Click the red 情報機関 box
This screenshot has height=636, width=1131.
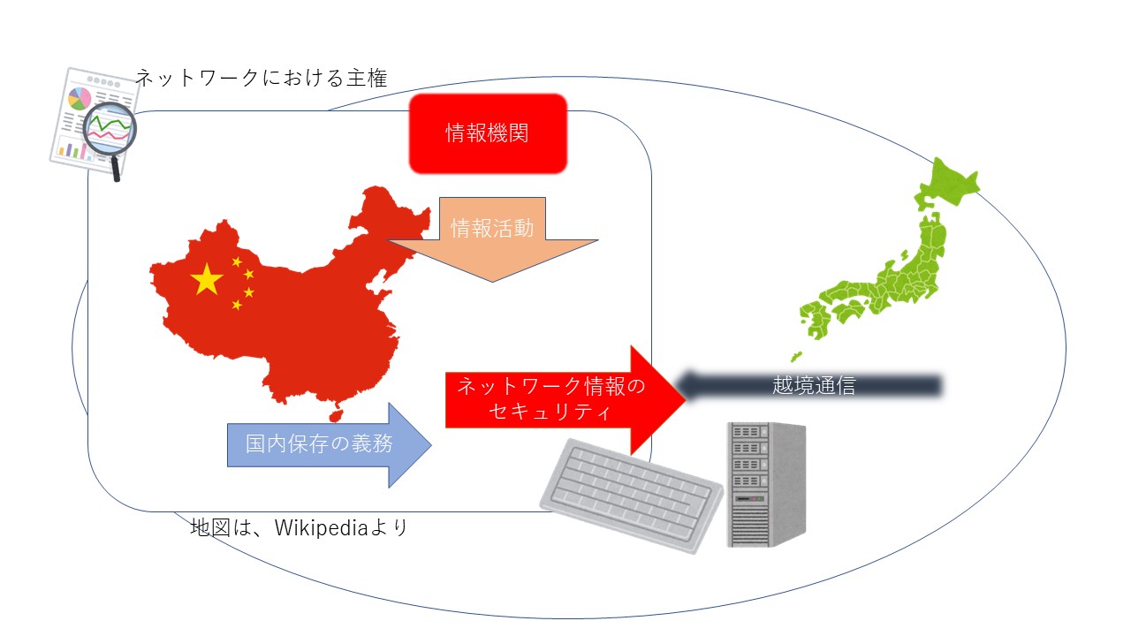coord(487,133)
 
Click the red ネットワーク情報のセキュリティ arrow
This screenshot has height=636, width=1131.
coord(565,398)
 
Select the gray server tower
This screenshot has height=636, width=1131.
coord(765,483)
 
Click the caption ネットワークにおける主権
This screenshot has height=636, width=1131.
coord(261,79)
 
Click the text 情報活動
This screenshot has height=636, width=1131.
coord(492,228)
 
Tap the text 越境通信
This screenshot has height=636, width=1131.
coord(813,386)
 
